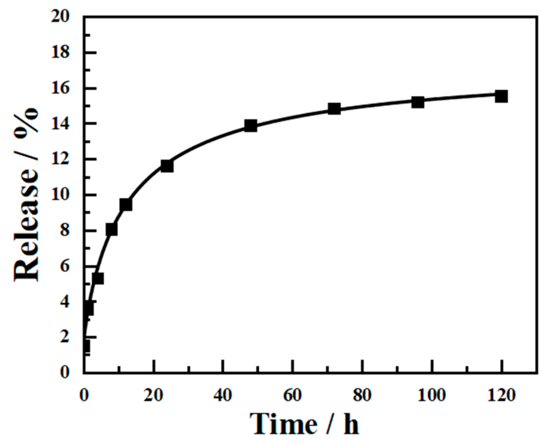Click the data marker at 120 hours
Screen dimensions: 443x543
click(x=501, y=96)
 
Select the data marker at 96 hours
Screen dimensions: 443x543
click(x=417, y=102)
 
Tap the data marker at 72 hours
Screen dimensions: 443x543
click(x=334, y=109)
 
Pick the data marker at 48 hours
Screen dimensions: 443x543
click(x=251, y=126)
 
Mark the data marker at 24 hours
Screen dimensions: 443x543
click(x=167, y=166)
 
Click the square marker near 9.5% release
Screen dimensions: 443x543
click(x=126, y=205)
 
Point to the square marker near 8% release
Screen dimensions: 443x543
click(x=111, y=229)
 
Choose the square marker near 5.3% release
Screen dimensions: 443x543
click(x=98, y=278)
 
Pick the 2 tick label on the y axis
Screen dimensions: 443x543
click(x=65, y=337)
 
